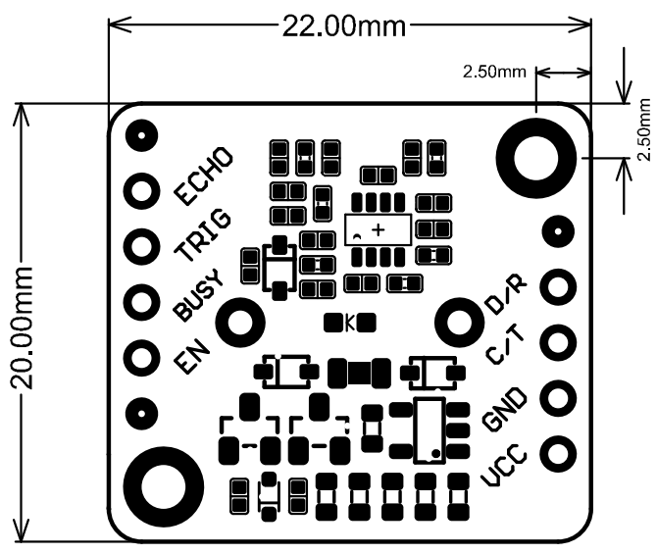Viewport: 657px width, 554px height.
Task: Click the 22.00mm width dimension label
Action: [x=343, y=26]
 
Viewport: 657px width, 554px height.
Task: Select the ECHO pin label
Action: [x=203, y=175]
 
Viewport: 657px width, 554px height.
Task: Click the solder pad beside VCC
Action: [x=559, y=454]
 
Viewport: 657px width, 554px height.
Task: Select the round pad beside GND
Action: [x=559, y=398]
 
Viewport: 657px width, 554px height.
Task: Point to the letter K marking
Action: [x=349, y=321]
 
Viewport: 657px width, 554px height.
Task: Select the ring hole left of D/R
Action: [x=460, y=321]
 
